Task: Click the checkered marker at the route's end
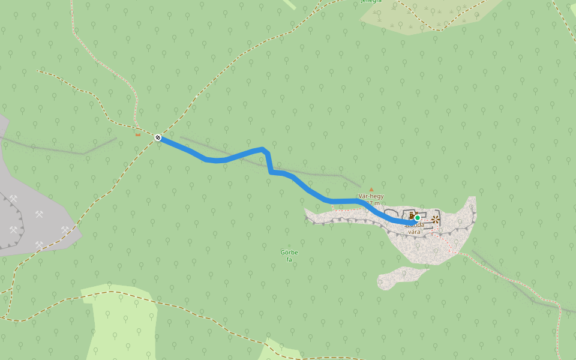(x=158, y=138)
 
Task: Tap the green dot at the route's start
(x=418, y=218)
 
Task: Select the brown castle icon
(x=412, y=215)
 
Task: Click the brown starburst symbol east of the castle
(x=436, y=220)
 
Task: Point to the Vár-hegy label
(x=371, y=196)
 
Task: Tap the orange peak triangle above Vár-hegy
(x=371, y=189)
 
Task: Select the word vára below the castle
(x=414, y=232)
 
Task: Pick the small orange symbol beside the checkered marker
(x=138, y=135)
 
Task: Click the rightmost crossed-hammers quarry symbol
(x=65, y=229)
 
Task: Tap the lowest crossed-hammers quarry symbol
(x=40, y=244)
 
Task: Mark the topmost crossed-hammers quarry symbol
(x=14, y=198)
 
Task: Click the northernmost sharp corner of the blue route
(x=264, y=149)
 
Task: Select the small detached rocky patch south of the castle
(x=399, y=277)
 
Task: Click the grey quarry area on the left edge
(x=36, y=222)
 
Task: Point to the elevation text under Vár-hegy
(x=373, y=203)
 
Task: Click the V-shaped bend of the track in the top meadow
(x=441, y=29)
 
